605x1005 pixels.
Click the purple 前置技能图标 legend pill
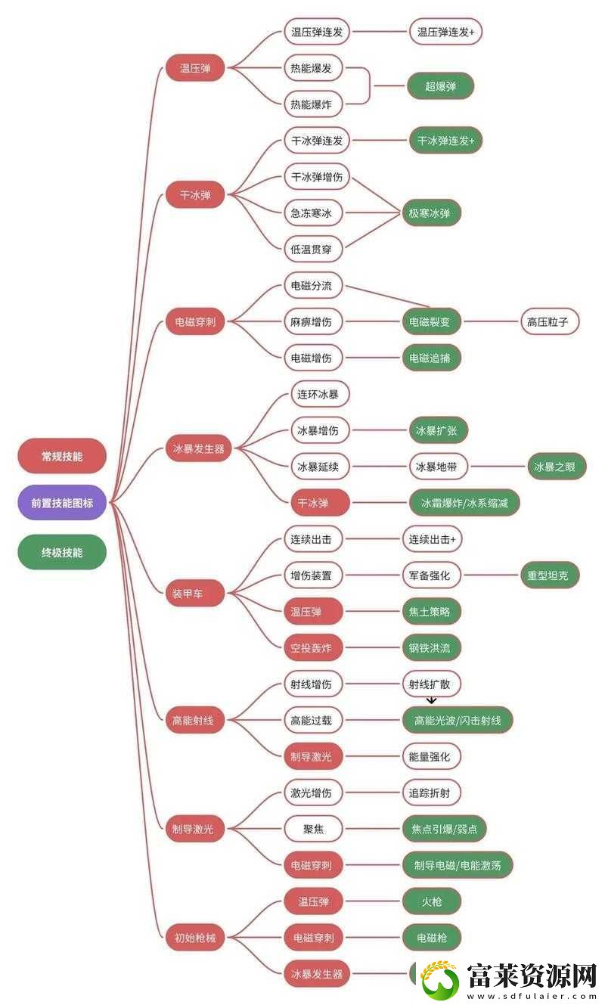tap(62, 502)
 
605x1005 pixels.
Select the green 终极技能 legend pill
tap(62, 552)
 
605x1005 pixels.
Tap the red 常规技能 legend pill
tap(62, 456)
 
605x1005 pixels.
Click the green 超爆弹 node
tap(440, 86)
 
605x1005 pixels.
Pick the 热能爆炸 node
tap(313, 104)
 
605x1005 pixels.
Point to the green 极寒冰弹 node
tap(430, 212)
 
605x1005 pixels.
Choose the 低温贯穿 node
tap(313, 249)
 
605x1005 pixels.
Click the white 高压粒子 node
tap(550, 321)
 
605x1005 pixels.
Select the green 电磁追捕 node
tap(432, 358)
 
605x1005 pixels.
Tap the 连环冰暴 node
tap(320, 395)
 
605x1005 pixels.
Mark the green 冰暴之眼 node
tap(557, 467)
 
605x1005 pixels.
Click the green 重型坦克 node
tap(550, 575)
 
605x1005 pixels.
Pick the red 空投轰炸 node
tap(313, 648)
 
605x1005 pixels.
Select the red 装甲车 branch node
tap(195, 594)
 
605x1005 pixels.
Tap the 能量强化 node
tap(432, 757)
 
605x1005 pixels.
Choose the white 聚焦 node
tap(313, 829)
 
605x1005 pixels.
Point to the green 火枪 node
tap(432, 901)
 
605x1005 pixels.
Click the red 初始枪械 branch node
tap(195, 938)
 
